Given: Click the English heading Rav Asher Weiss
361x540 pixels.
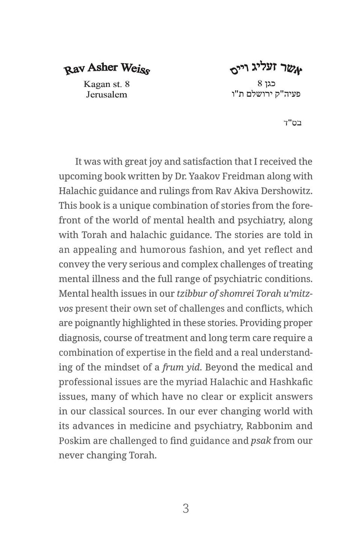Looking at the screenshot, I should [106, 69].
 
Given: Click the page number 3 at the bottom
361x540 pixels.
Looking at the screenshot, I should [186, 509].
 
